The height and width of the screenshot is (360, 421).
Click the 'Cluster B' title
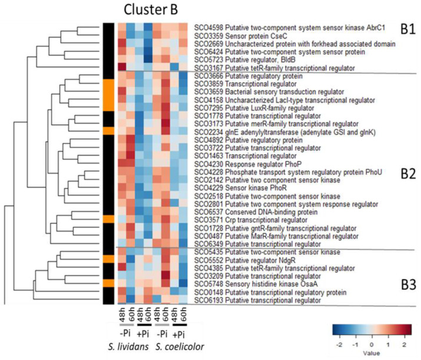pos(156,11)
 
